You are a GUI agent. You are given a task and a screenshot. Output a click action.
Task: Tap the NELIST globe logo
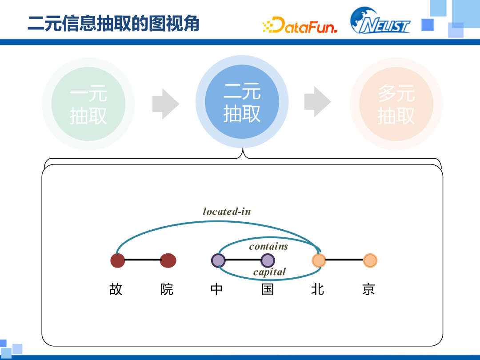pyautogui.click(x=380, y=21)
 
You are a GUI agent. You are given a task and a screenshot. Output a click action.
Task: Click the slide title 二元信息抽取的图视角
pyautogui.click(x=113, y=24)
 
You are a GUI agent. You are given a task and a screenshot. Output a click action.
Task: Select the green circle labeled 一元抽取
pyautogui.click(x=88, y=104)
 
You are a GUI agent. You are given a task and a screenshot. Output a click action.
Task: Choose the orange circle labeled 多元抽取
pyautogui.click(x=396, y=104)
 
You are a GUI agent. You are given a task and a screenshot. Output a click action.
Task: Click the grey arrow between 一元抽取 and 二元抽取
pyautogui.click(x=165, y=104)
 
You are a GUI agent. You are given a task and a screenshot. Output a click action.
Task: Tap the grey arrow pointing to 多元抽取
pyautogui.click(x=317, y=102)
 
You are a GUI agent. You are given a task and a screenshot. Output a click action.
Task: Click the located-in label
pyautogui.click(x=227, y=212)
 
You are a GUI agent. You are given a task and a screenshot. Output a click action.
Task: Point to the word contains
pyautogui.click(x=268, y=246)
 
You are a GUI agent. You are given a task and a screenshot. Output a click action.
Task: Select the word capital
pyautogui.click(x=269, y=272)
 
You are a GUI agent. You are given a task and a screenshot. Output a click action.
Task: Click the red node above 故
pyautogui.click(x=118, y=260)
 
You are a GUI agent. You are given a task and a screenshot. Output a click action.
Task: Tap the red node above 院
pyautogui.click(x=168, y=260)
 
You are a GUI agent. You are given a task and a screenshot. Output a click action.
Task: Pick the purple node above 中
pyautogui.click(x=218, y=260)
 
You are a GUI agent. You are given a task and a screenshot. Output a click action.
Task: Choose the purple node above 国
pyautogui.click(x=268, y=260)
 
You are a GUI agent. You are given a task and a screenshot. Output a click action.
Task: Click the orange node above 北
pyautogui.click(x=319, y=260)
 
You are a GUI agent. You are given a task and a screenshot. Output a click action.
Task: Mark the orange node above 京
pyautogui.click(x=370, y=260)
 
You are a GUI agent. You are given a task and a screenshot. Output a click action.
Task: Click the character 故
pyautogui.click(x=116, y=289)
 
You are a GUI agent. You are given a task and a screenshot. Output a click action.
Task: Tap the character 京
pyautogui.click(x=368, y=289)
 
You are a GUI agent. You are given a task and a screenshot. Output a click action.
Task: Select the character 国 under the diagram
pyautogui.click(x=268, y=289)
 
